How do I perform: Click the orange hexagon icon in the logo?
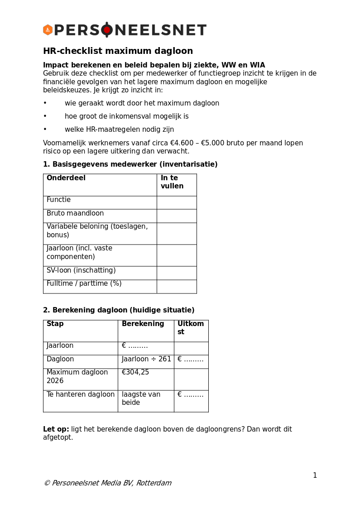(48, 30)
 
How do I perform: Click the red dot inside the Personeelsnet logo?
(107, 30)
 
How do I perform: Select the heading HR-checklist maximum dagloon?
(118, 51)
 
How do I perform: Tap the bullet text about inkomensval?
(126, 116)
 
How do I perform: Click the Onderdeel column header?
(66, 178)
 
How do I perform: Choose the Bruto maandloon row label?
(75, 213)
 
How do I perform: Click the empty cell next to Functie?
(177, 202)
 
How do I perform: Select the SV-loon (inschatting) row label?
(81, 270)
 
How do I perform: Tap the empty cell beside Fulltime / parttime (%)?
(177, 287)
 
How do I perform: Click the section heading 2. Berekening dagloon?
(119, 310)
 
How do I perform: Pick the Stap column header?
(55, 324)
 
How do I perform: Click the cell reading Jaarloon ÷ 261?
(146, 359)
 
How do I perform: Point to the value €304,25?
(135, 372)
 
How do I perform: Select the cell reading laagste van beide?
(141, 399)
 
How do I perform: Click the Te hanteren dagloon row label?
(81, 394)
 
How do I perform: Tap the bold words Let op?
(56, 429)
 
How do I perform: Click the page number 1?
(315, 475)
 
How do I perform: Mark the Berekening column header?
(143, 324)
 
